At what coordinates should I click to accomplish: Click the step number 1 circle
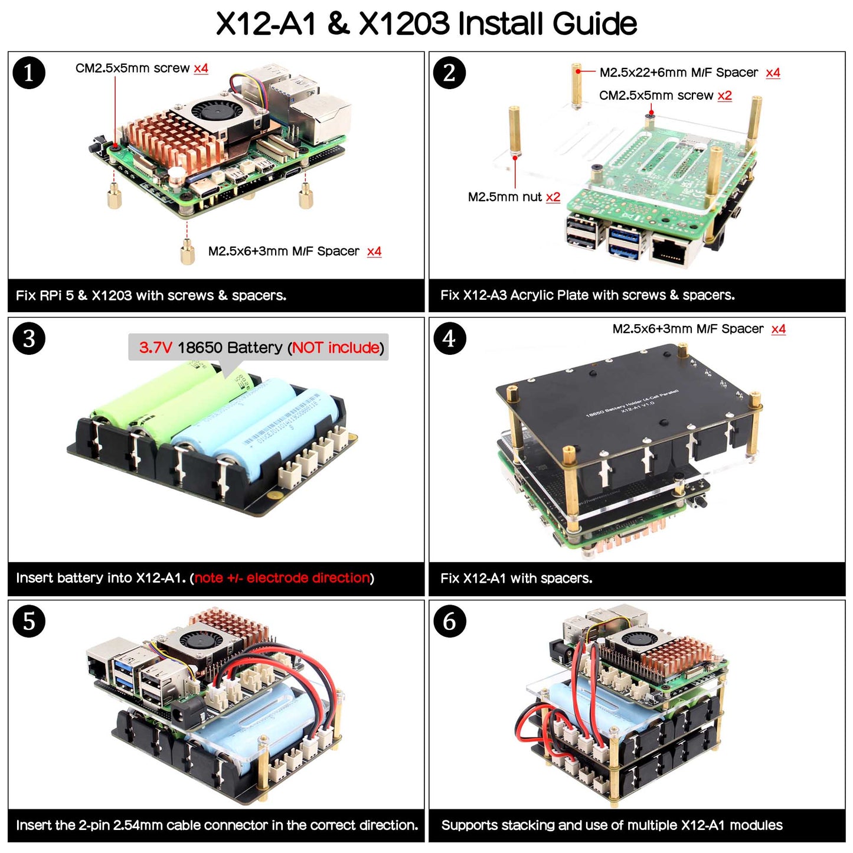(x=29, y=73)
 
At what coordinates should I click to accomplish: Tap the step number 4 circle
(x=449, y=338)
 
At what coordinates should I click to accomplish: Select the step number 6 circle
(x=449, y=621)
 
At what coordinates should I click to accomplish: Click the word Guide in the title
(x=594, y=24)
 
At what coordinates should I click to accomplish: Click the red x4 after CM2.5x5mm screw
(x=201, y=68)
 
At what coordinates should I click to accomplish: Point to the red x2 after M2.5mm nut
(x=553, y=197)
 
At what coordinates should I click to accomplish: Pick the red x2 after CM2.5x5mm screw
(x=725, y=96)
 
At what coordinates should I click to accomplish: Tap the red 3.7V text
(x=155, y=348)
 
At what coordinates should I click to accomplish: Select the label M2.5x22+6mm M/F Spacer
(x=679, y=73)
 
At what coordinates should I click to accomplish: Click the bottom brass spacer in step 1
(x=188, y=252)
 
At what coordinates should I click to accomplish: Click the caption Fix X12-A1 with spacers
(x=516, y=579)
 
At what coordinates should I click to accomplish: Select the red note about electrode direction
(x=282, y=578)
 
